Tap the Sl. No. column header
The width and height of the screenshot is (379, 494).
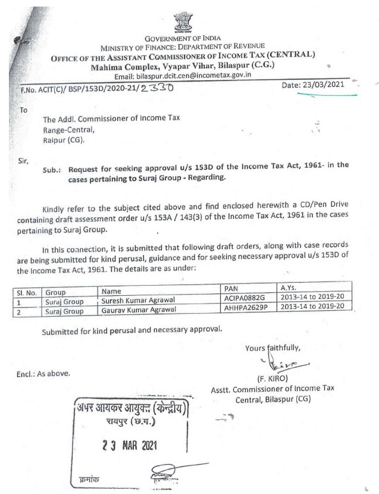pos(26,292)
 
